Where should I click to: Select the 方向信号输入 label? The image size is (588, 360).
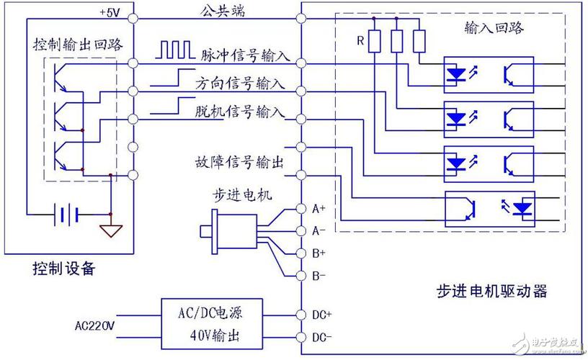pyautogui.click(x=239, y=83)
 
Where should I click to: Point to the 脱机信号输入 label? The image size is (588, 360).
pyautogui.click(x=240, y=112)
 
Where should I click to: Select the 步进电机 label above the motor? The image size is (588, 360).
pyautogui.click(x=226, y=195)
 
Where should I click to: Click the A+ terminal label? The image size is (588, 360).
pyautogui.click(x=318, y=209)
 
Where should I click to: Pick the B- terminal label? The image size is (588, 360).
pyautogui.click(x=318, y=276)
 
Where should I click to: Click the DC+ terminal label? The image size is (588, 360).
pyautogui.click(x=322, y=315)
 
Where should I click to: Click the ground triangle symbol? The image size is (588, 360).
pyautogui.click(x=111, y=230)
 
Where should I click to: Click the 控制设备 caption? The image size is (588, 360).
pyautogui.click(x=63, y=269)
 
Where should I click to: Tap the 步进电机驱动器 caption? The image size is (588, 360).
pyautogui.click(x=491, y=291)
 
